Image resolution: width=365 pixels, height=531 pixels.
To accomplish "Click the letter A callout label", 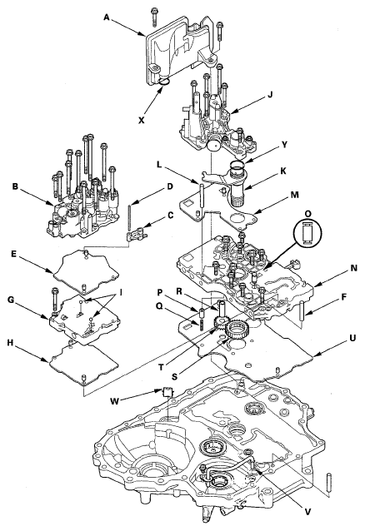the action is click(107, 17).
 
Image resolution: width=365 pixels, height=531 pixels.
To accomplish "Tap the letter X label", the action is click(142, 120).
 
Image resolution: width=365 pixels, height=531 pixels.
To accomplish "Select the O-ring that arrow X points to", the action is click(165, 81).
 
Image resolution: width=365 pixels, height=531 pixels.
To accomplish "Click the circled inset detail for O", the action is click(308, 233).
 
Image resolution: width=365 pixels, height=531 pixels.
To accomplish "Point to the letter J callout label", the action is click(270, 95).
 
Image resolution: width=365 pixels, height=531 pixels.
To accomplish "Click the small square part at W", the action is click(167, 392).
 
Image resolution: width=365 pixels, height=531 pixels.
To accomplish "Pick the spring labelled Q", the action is click(201, 324).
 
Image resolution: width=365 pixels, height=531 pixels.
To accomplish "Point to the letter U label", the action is click(352, 338).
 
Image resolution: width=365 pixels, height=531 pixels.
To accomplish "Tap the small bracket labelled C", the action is click(135, 235).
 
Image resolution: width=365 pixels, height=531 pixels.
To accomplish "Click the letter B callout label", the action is click(15, 186).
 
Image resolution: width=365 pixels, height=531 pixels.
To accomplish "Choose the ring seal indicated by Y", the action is click(237, 166).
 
